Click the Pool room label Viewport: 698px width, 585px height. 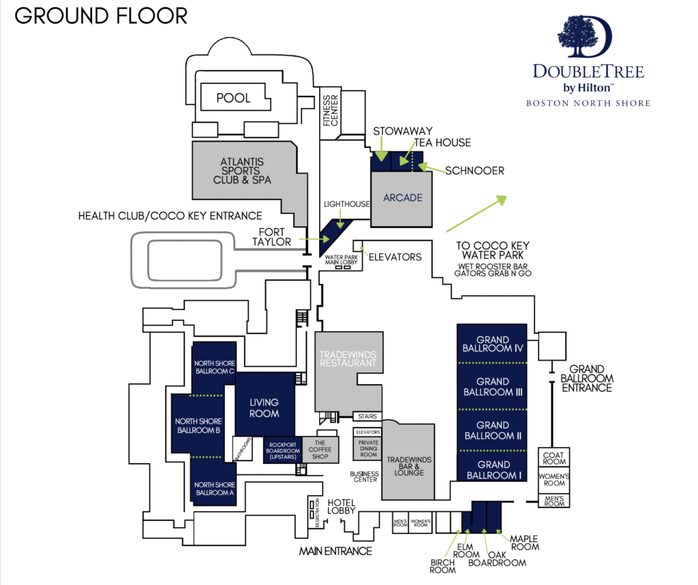[233, 97]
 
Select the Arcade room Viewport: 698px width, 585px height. [402, 198]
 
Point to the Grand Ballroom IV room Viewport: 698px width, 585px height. [493, 344]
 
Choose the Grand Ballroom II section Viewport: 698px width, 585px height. [493, 430]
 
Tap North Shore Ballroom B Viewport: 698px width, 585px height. [198, 426]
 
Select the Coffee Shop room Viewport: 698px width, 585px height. [320, 449]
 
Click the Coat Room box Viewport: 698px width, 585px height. [554, 457]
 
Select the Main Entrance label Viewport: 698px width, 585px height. [335, 551]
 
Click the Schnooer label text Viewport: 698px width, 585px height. [475, 170]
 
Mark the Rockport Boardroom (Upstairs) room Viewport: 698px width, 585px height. [282, 450]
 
